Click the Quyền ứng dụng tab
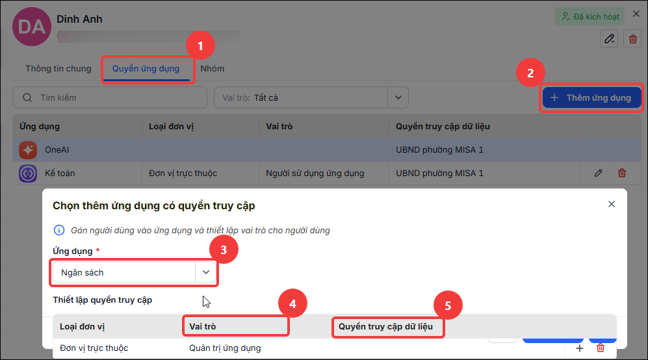(x=146, y=69)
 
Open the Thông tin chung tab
(x=58, y=69)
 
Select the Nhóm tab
(x=213, y=69)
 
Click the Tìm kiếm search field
(x=110, y=97)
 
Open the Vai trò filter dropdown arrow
(x=398, y=97)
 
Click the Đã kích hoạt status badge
(x=590, y=16)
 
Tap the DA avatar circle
(x=32, y=27)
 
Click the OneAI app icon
(x=28, y=150)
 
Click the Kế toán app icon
(x=28, y=174)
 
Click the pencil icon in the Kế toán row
(x=599, y=174)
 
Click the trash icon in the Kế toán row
(x=622, y=174)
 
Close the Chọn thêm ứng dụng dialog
(x=612, y=204)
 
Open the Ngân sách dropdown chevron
(x=206, y=272)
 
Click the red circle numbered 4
(x=292, y=303)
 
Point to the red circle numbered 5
(x=448, y=305)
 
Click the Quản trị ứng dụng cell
(x=225, y=348)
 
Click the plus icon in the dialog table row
(x=580, y=348)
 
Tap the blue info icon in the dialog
(x=59, y=230)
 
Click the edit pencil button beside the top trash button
(x=609, y=39)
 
